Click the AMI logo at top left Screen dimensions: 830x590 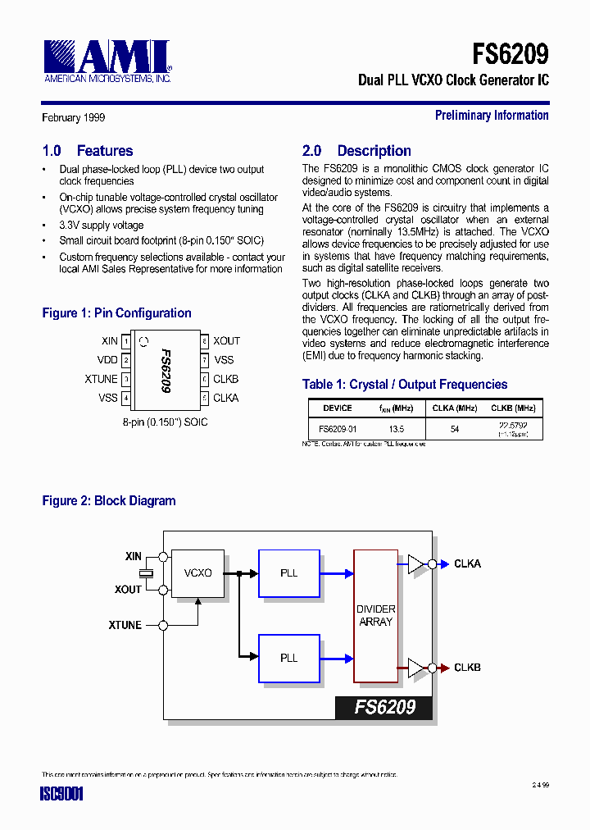click(107, 62)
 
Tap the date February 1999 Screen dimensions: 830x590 click(74, 117)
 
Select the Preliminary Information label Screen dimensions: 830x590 click(492, 116)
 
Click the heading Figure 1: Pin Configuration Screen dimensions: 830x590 click(116, 313)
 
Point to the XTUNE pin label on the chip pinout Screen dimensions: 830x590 click(101, 379)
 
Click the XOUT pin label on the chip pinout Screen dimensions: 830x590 click(226, 341)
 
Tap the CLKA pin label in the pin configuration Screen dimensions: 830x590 click(225, 398)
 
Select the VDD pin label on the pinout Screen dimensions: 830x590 click(107, 360)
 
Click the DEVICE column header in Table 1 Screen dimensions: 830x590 click(338, 408)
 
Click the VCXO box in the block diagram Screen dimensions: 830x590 click(197, 572)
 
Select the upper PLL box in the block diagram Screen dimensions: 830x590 click(288, 573)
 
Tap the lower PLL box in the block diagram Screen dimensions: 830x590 click(288, 658)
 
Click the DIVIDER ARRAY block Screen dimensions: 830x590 click(375, 616)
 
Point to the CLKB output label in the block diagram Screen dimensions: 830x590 click(467, 668)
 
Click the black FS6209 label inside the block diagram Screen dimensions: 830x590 click(383, 707)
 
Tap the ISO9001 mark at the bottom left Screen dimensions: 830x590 click(62, 794)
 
